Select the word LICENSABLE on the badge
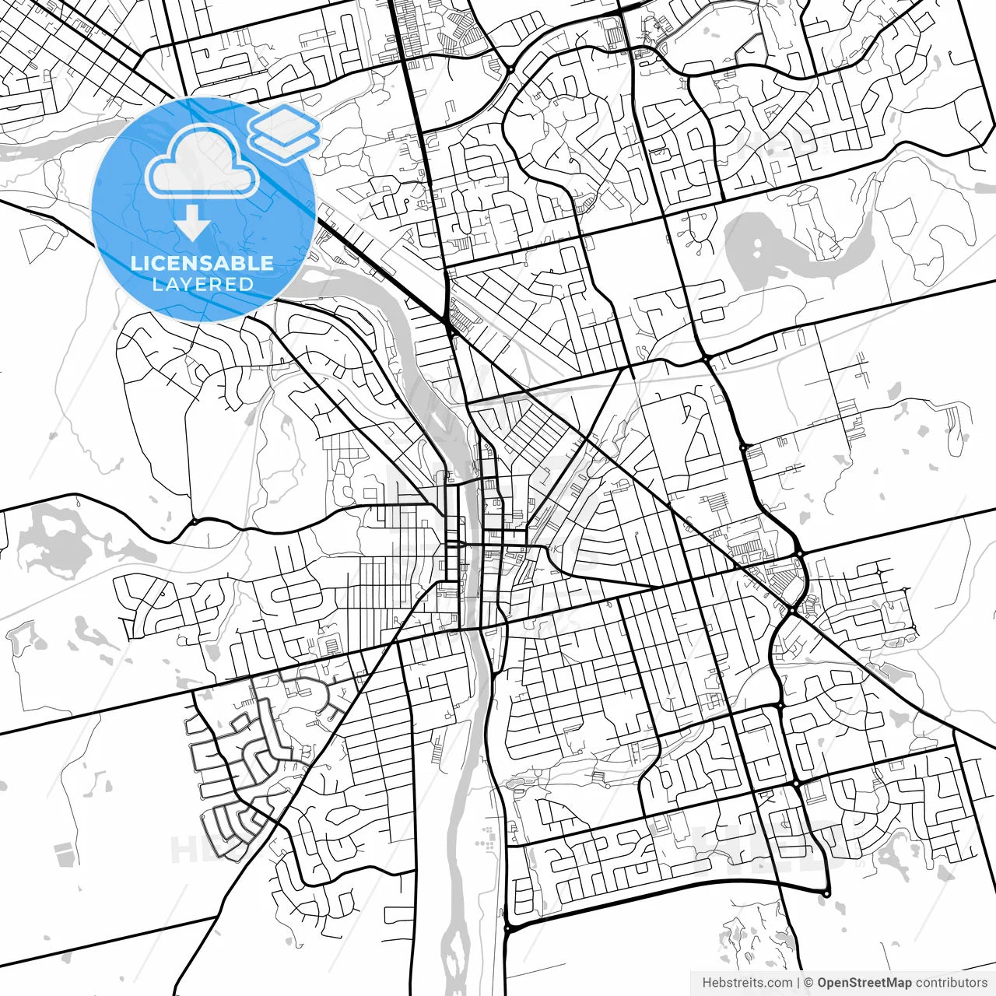202,263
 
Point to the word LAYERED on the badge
202,284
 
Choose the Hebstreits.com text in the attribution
747,983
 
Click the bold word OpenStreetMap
864,983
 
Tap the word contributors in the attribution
952,983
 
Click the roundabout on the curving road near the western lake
192,521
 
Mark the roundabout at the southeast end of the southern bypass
826,892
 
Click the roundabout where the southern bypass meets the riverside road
507,928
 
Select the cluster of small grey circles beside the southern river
487,841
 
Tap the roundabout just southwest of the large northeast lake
706,357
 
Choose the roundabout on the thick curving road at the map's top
510,71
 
